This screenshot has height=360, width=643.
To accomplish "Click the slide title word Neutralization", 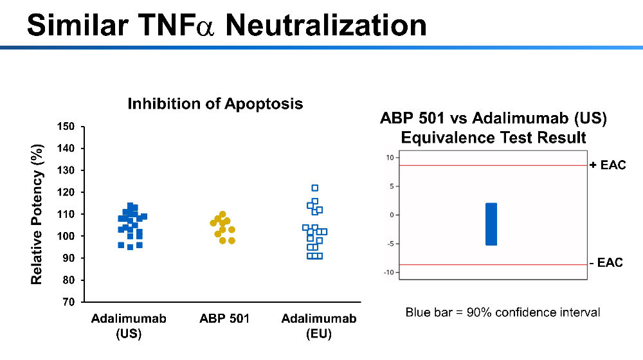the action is click(x=326, y=25).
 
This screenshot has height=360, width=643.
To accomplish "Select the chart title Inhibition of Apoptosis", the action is click(x=215, y=104).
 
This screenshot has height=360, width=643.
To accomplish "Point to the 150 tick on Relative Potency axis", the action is click(x=66, y=126).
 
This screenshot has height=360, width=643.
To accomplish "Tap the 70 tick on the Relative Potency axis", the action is click(x=69, y=302).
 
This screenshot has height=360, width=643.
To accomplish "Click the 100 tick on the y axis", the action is click(x=66, y=236).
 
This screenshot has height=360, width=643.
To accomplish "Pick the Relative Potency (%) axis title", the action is click(x=37, y=214).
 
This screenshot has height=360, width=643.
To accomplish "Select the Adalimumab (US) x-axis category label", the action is click(x=129, y=326).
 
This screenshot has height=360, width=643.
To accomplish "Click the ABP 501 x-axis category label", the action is click(x=224, y=319).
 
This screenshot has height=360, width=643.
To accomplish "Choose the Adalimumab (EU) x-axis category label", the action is click(x=319, y=326).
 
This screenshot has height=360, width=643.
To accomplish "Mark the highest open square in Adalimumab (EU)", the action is click(x=315, y=188).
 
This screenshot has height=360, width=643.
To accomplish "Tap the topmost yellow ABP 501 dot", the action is click(x=222, y=214).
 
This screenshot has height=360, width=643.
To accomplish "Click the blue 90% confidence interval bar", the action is click(x=491, y=224).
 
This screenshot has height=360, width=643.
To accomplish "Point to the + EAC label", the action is click(x=608, y=165).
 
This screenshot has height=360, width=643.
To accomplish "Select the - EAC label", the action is click(x=606, y=262).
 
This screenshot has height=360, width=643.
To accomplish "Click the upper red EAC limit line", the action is click(x=493, y=165).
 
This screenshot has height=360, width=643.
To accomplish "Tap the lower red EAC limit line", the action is click(x=493, y=264).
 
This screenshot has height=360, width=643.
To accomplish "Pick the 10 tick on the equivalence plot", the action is click(x=390, y=157).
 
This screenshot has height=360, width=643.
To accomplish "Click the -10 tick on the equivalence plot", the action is click(x=388, y=273).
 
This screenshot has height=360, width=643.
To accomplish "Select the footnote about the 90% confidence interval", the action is click(x=503, y=312).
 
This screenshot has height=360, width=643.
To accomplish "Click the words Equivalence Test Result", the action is click(x=493, y=138).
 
